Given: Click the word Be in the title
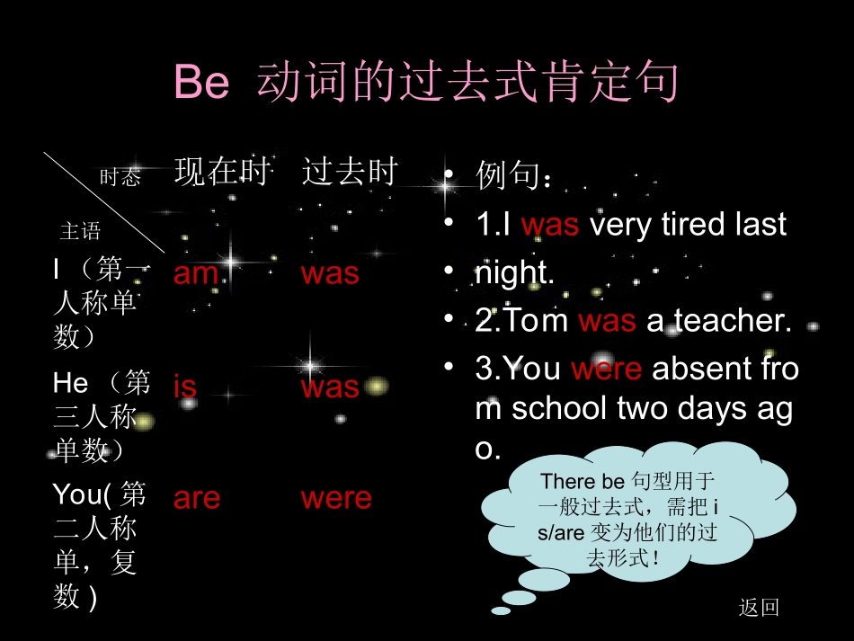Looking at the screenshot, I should pyautogui.click(x=201, y=83).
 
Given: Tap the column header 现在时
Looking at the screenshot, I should pyautogui.click(x=221, y=171).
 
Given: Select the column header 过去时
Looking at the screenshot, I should pyautogui.click(x=349, y=171).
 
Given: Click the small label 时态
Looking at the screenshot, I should pyautogui.click(x=120, y=178).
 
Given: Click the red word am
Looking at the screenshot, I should pyautogui.click(x=196, y=273).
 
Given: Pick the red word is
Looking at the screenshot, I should pyautogui.click(x=185, y=387).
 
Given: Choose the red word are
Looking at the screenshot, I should pyautogui.click(x=197, y=498).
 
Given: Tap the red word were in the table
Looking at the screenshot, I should pyautogui.click(x=336, y=498).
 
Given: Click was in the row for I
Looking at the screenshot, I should pyautogui.click(x=330, y=273).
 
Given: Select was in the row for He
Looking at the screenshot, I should pyautogui.click(x=330, y=387).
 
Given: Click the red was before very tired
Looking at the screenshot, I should pyautogui.click(x=549, y=225).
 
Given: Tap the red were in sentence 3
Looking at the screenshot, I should pyautogui.click(x=606, y=369).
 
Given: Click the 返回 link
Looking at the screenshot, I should pyautogui.click(x=759, y=608).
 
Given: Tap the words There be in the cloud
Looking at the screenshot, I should pyautogui.click(x=582, y=482).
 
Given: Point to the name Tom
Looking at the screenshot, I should pyautogui.click(x=534, y=321).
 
